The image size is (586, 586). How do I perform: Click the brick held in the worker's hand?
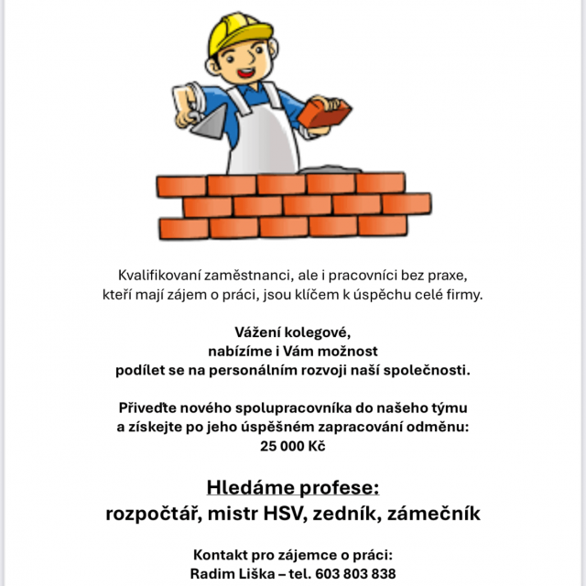[x=326, y=116]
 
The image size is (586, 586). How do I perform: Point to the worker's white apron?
[x=261, y=137]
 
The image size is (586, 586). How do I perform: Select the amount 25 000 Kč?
[x=292, y=447]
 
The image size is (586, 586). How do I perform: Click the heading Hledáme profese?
[x=292, y=486]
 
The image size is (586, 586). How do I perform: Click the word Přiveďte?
[x=150, y=407]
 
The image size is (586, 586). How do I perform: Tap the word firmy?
[x=461, y=294]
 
